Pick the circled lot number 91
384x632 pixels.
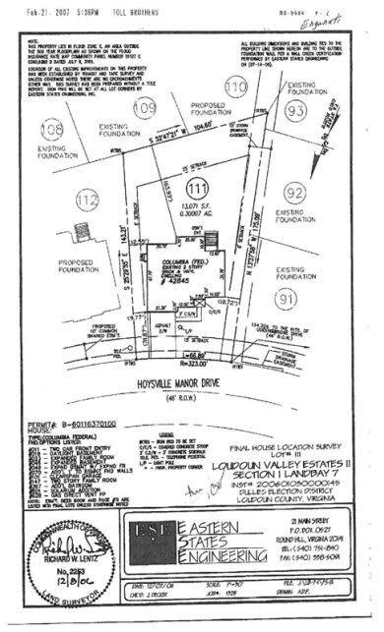(x=287, y=297)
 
